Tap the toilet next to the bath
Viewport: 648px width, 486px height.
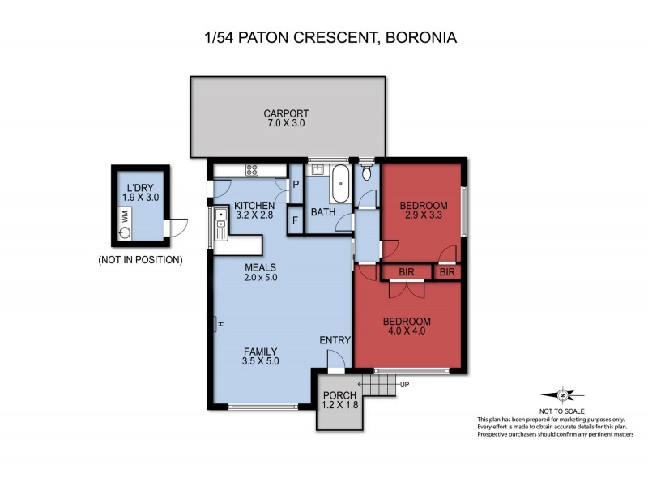367,173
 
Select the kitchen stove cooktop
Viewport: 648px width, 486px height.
251,170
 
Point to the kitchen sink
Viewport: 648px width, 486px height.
220,216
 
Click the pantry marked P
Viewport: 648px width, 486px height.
295,185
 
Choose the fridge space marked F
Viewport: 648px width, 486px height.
295,220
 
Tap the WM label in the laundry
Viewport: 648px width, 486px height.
125,216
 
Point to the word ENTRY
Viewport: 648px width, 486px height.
335,339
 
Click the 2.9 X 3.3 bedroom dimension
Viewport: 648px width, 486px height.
424,216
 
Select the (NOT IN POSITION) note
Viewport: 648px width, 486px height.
139,260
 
